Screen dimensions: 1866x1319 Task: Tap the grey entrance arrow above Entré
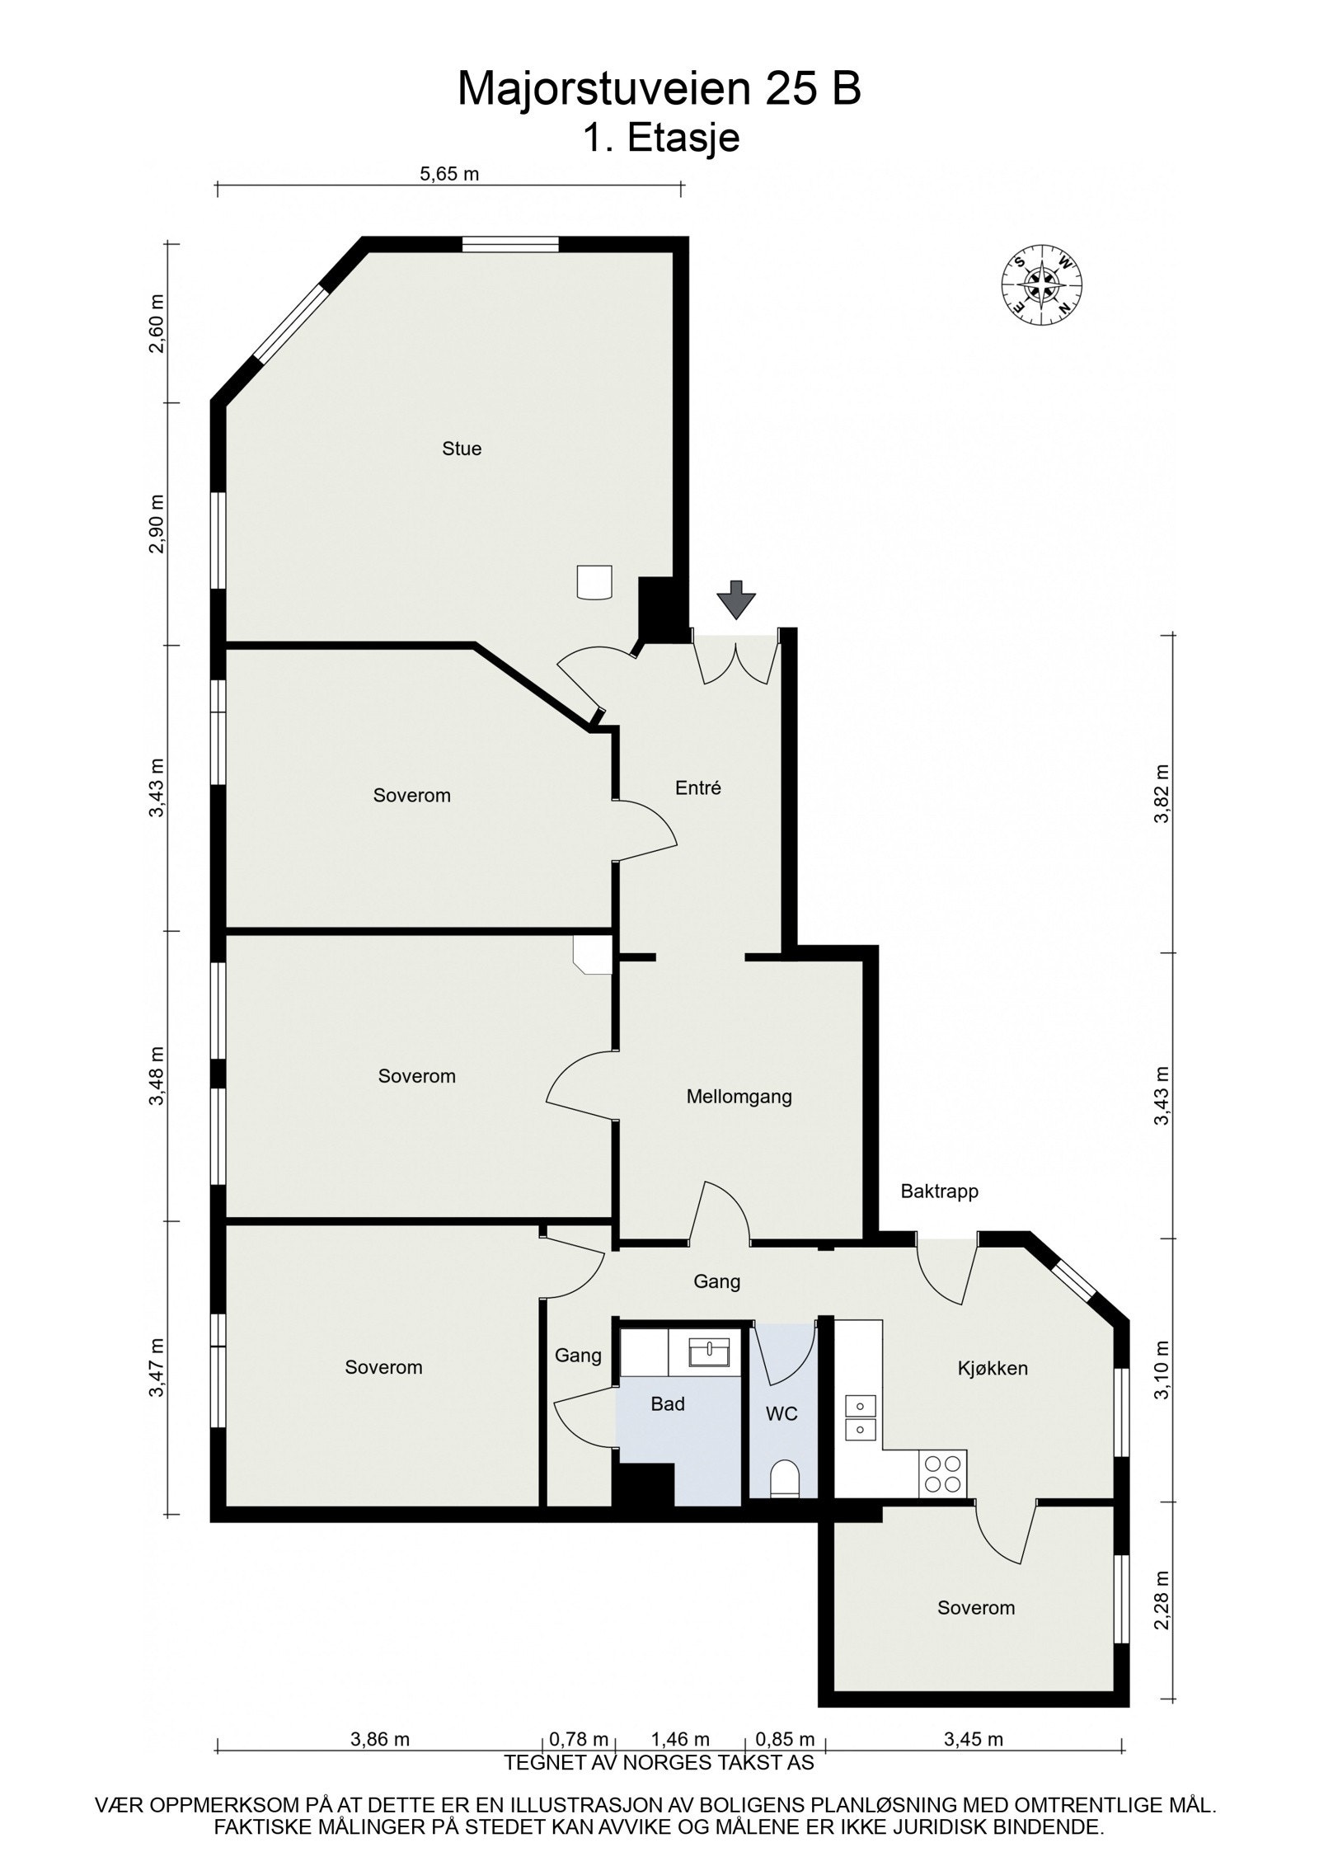(x=735, y=599)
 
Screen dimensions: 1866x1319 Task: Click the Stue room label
(x=462, y=449)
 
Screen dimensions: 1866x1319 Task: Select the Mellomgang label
(x=739, y=1097)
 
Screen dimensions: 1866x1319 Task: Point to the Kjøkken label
(x=993, y=1368)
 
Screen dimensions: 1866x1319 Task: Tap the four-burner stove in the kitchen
(x=942, y=1473)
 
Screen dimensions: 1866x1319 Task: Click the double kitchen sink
(x=859, y=1417)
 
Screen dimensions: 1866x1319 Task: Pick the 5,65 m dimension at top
(x=449, y=174)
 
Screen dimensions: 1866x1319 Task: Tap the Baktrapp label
(x=939, y=1191)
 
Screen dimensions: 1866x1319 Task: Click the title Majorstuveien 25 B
(x=659, y=89)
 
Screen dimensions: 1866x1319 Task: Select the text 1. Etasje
(x=661, y=139)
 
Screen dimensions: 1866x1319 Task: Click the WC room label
(x=782, y=1413)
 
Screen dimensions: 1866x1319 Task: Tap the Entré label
(x=698, y=787)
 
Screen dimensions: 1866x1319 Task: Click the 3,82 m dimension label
(x=1162, y=793)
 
